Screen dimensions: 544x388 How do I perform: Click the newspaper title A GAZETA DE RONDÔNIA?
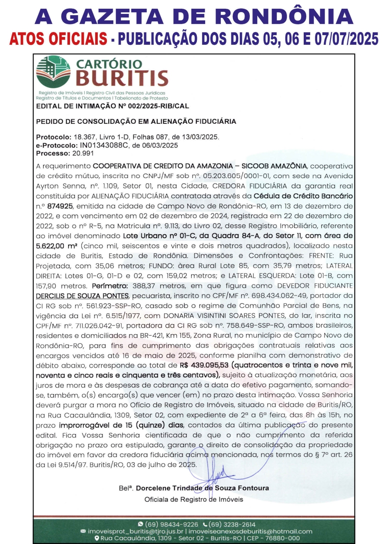194,17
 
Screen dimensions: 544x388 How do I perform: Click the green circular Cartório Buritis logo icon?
53,72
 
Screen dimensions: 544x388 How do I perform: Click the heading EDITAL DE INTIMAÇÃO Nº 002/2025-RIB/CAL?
113,106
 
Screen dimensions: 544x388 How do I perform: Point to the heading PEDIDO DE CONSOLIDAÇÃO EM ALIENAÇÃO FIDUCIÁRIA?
136,121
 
